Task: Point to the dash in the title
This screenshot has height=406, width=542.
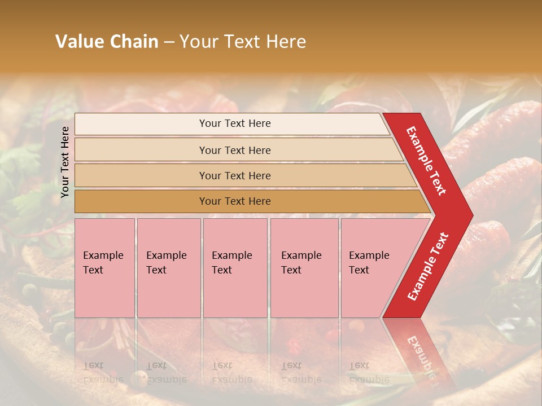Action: tap(169, 42)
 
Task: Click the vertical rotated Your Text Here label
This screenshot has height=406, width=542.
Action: tap(65, 162)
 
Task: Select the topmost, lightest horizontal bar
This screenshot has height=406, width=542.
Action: tap(234, 123)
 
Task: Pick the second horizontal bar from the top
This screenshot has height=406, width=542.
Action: tap(234, 150)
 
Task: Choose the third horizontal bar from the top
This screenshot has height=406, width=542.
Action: tap(234, 175)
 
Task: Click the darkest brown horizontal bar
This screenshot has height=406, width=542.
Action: tap(234, 201)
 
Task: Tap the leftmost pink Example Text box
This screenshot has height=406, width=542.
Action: tap(104, 267)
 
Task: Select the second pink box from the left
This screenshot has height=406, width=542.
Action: tap(168, 267)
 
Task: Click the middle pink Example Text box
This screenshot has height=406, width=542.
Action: tap(235, 267)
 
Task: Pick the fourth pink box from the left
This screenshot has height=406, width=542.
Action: tap(304, 267)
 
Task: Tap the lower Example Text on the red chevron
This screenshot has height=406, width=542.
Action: tap(427, 267)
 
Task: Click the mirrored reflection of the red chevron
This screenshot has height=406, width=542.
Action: tap(421, 350)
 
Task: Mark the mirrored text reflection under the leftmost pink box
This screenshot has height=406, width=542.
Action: tap(103, 372)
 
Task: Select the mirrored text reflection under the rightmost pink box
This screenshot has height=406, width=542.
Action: tap(368, 372)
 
